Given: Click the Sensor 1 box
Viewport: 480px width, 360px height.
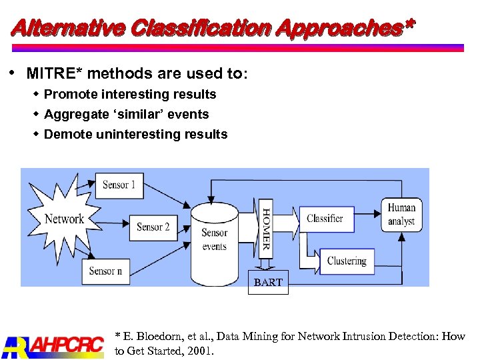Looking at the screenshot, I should point(119,185).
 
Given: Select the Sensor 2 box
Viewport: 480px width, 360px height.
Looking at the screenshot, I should point(153,227).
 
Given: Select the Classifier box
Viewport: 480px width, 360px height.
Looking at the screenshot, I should point(325,219).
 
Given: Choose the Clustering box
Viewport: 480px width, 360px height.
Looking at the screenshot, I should point(347,261).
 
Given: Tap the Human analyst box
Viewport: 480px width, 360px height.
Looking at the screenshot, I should point(401,215).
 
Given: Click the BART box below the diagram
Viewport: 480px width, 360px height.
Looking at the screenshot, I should point(268,283).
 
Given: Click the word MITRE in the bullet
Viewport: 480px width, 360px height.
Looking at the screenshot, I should point(54,73).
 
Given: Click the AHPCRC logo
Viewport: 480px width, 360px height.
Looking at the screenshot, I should point(53,345).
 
